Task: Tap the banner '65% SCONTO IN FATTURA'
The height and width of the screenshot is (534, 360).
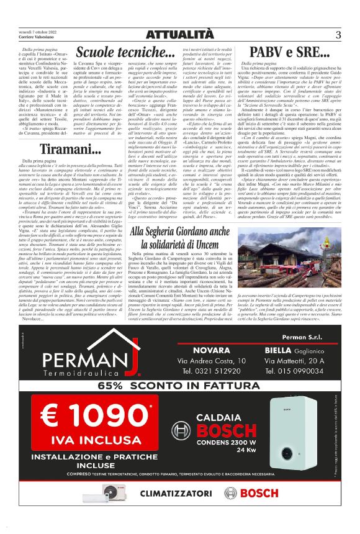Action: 180,385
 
